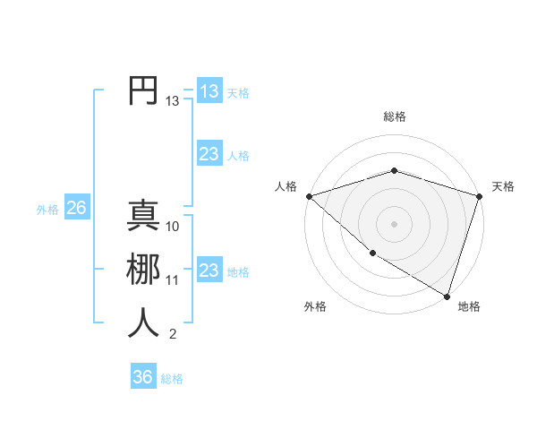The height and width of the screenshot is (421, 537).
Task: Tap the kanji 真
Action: pyautogui.click(x=143, y=217)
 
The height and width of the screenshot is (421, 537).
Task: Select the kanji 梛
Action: pyautogui.click(x=143, y=270)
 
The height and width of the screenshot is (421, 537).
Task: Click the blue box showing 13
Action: pyautogui.click(x=209, y=91)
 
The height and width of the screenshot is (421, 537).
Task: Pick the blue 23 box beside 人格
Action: pyautogui.click(x=209, y=154)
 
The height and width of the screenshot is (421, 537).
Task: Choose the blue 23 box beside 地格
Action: pyautogui.click(x=209, y=270)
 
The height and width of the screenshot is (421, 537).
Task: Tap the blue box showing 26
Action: pyautogui.click(x=76, y=208)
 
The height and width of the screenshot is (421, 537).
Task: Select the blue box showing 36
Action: pyautogui.click(x=142, y=377)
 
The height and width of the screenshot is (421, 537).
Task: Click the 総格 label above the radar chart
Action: pyautogui.click(x=394, y=116)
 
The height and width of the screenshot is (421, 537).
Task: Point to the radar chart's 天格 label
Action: pyautogui.click(x=503, y=186)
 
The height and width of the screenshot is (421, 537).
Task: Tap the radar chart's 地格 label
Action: pyautogui.click(x=469, y=306)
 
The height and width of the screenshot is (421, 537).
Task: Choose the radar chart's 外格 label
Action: pyautogui.click(x=315, y=306)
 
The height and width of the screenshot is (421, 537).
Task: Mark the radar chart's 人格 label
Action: pyautogui.click(x=286, y=186)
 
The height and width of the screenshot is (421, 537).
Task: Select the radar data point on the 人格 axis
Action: pyautogui.click(x=309, y=196)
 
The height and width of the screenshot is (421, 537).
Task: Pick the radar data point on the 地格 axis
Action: pyautogui.click(x=447, y=295)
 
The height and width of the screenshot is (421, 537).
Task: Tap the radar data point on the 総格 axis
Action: pyautogui.click(x=394, y=170)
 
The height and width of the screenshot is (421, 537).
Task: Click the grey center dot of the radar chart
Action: pyautogui.click(x=394, y=223)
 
